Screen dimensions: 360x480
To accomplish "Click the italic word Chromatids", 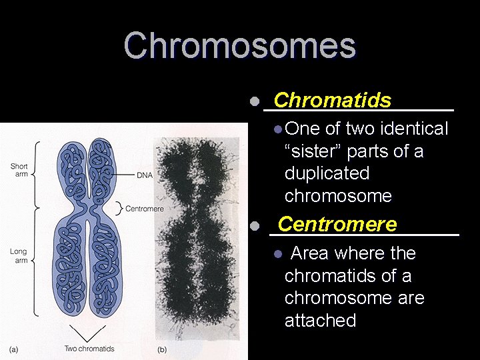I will (x=332, y=100).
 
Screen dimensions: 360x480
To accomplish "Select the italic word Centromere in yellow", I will (x=337, y=225).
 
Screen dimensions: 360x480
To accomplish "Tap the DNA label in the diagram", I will (x=144, y=175).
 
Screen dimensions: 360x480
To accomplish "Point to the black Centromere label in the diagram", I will (x=144, y=209).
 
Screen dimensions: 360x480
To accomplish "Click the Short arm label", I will (x=19, y=171).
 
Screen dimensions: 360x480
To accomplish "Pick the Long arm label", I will (x=19, y=256).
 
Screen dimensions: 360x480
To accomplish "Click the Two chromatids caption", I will (x=89, y=348).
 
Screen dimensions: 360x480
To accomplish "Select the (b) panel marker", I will (x=162, y=349).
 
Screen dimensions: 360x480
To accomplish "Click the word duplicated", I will (x=327, y=173).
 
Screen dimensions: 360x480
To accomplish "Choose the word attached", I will (x=320, y=321).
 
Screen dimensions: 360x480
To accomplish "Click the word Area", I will (x=310, y=253).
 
